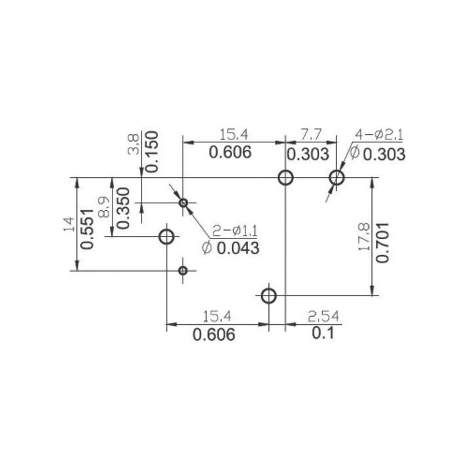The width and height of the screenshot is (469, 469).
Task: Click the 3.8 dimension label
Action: [x=133, y=144]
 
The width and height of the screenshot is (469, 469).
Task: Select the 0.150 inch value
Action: [x=152, y=152]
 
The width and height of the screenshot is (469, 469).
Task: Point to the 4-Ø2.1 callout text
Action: [x=378, y=135]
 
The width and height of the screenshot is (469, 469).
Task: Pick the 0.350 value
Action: [x=123, y=208]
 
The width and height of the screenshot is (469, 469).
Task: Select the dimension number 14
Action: [x=69, y=224]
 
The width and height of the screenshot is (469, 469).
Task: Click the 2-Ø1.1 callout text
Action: [x=235, y=231]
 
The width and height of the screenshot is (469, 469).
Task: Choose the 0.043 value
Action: [x=238, y=248]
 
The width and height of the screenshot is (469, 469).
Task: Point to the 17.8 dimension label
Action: [x=364, y=237]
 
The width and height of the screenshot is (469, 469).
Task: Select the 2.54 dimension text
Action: [x=323, y=317]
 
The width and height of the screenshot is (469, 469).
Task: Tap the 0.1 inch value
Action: [x=323, y=333]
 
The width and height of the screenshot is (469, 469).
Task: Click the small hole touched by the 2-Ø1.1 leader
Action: [x=183, y=203]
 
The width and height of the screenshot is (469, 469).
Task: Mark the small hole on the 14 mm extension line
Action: [x=183, y=271]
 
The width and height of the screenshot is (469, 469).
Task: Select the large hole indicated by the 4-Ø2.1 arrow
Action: [x=337, y=178]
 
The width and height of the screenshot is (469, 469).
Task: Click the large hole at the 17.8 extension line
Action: [x=269, y=296]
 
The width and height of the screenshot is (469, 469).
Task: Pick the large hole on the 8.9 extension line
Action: [x=166, y=236]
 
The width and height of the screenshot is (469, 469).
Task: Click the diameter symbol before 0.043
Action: [x=207, y=248]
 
